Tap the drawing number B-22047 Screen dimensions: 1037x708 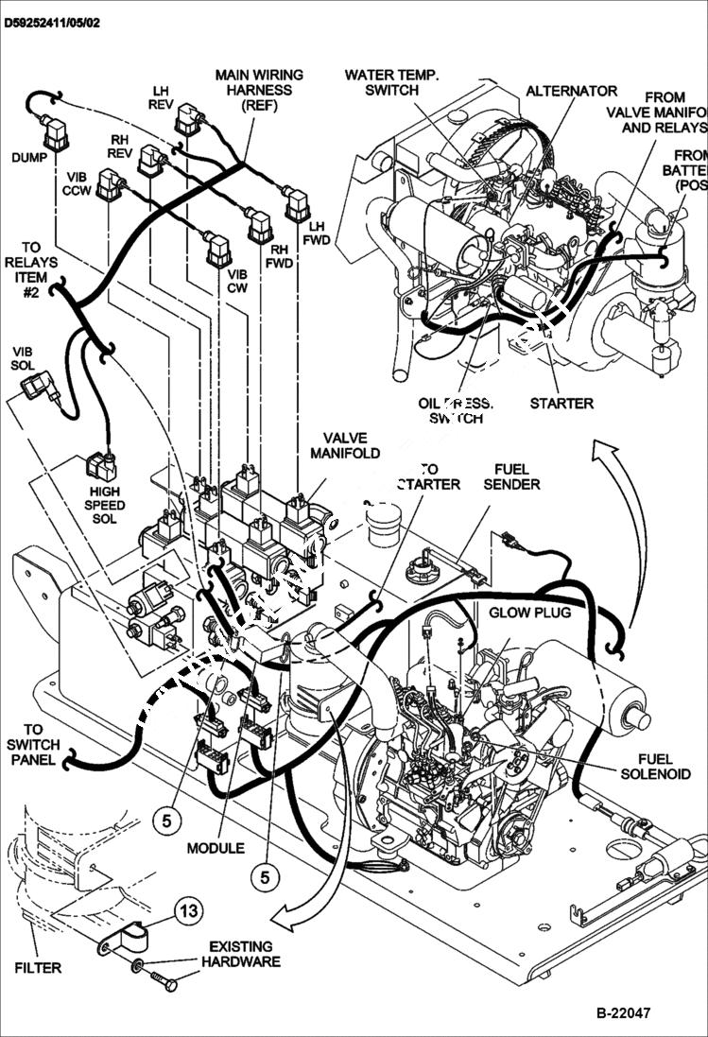click(x=623, y=1013)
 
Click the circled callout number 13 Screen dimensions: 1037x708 click(x=188, y=911)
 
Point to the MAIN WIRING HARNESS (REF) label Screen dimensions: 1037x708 click(x=259, y=90)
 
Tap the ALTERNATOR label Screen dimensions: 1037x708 click(x=571, y=92)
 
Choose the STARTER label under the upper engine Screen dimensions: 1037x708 click(x=561, y=404)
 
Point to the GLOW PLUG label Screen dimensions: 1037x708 click(x=529, y=613)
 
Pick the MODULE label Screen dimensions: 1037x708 click(x=216, y=848)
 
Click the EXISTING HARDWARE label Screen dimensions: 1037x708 click(x=240, y=954)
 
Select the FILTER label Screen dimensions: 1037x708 click(x=38, y=968)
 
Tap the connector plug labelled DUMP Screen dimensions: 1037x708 click(x=58, y=130)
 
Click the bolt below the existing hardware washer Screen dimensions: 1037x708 click(x=162, y=983)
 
